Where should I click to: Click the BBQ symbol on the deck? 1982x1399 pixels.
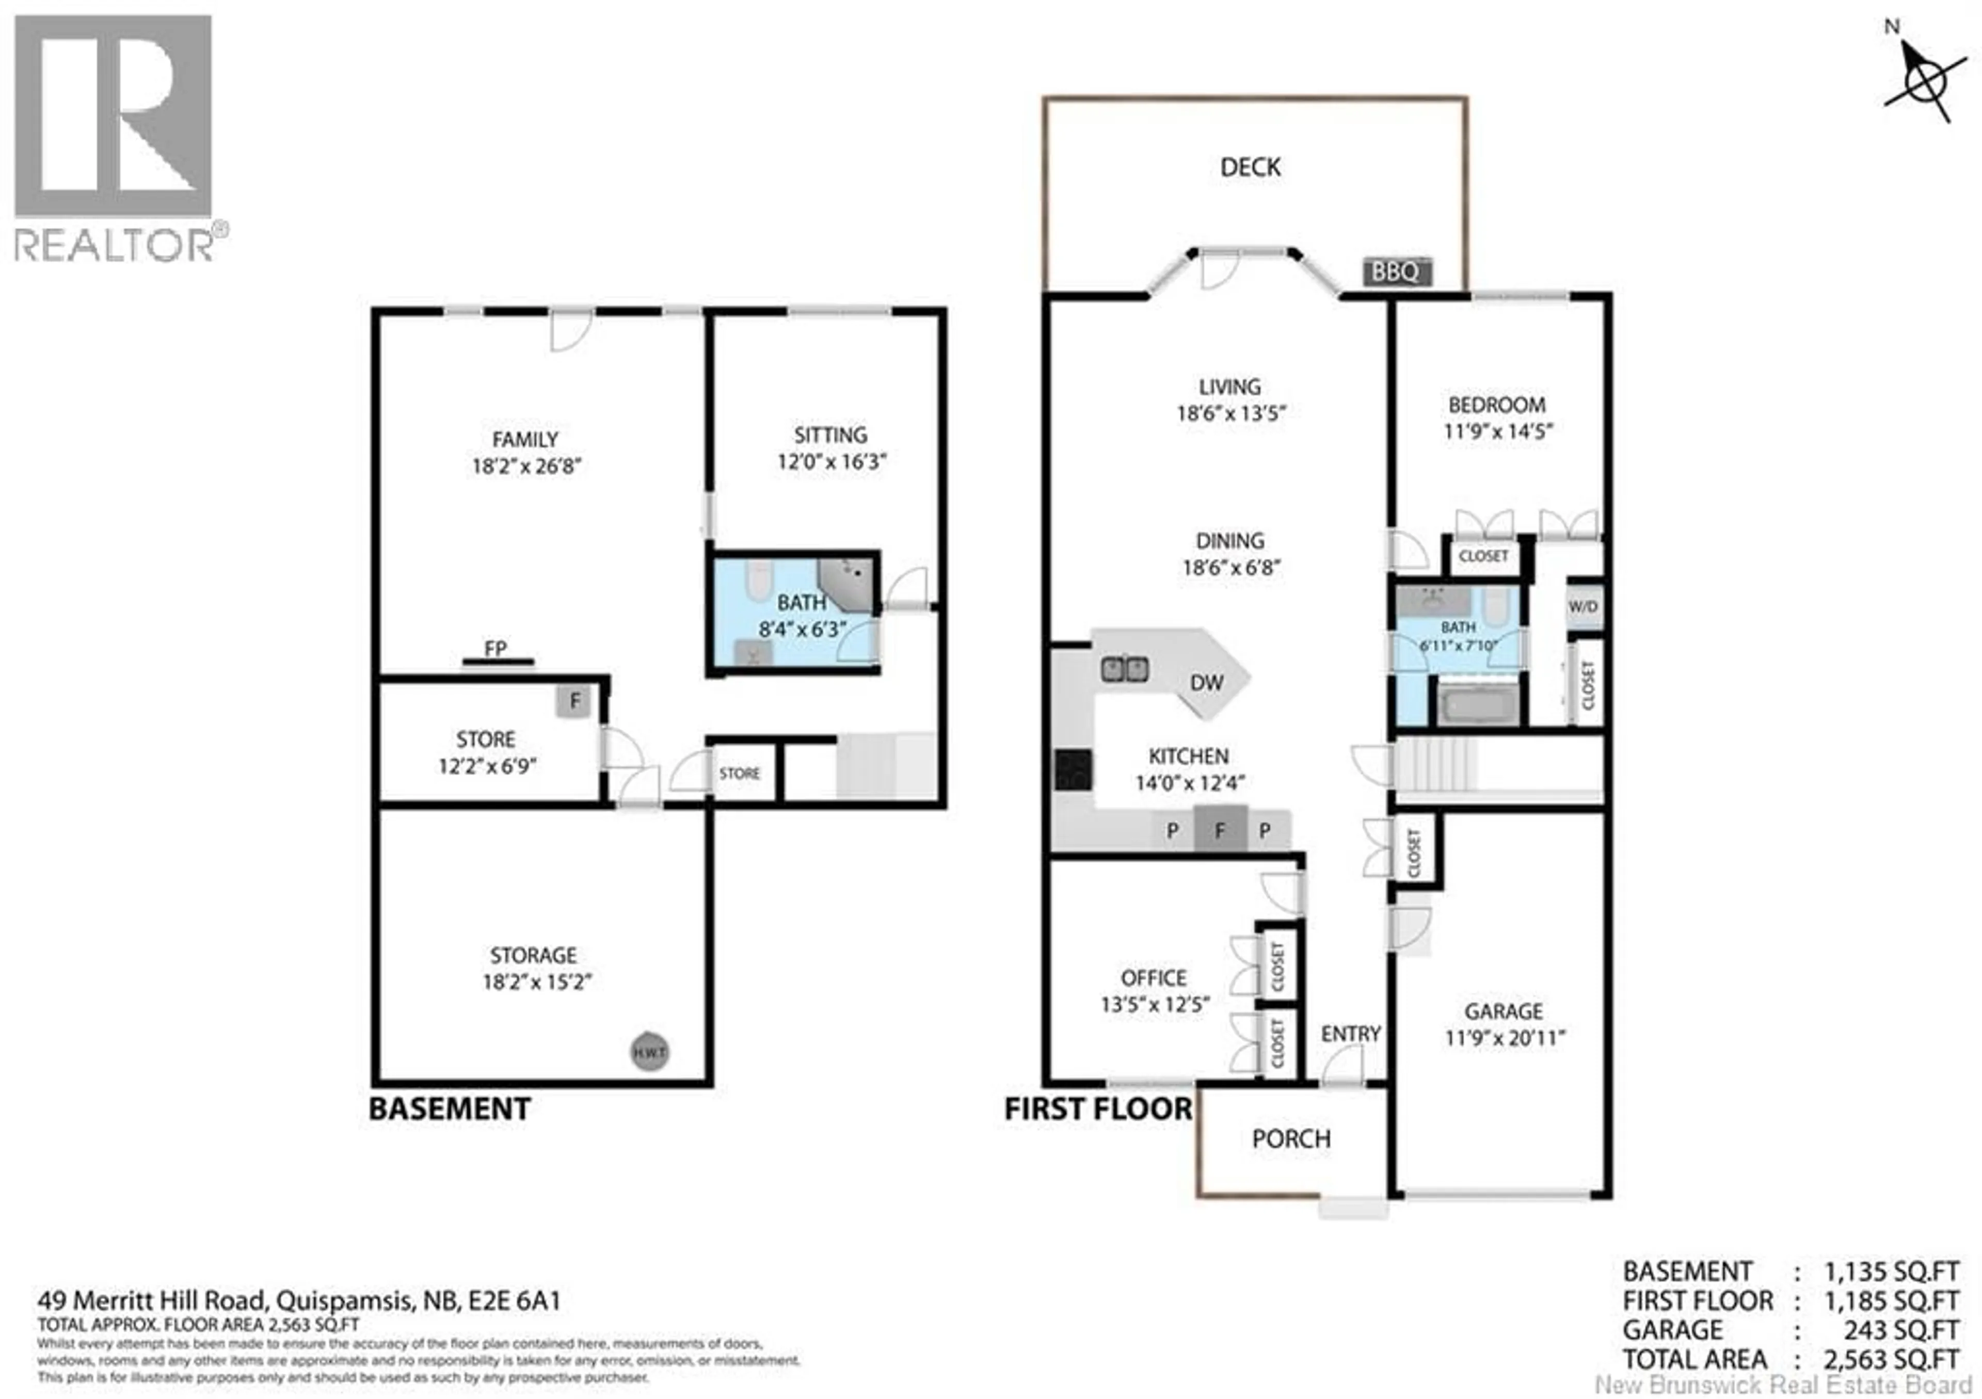(x=1396, y=272)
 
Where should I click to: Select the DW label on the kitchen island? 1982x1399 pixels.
(x=1206, y=683)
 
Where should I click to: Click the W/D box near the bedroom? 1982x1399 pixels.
(x=1583, y=607)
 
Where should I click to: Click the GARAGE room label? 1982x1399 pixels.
(x=1503, y=1011)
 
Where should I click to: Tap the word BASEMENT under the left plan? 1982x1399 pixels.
(x=449, y=1109)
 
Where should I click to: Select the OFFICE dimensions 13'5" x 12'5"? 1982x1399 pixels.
(x=1154, y=1005)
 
